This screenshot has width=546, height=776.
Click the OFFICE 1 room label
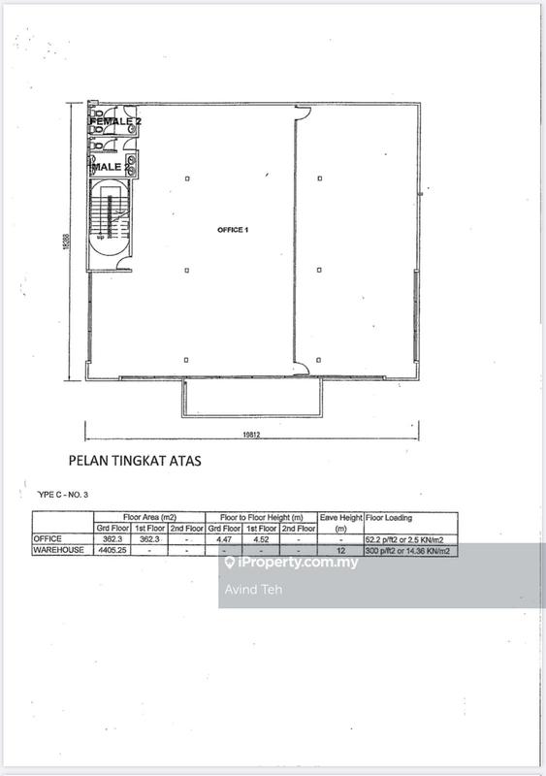(x=233, y=229)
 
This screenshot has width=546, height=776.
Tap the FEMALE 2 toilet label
(x=115, y=121)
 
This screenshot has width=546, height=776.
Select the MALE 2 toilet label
(x=110, y=167)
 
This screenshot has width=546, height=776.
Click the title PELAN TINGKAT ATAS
(x=135, y=462)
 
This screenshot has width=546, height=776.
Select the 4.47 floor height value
(x=224, y=538)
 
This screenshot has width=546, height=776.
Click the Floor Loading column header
(x=390, y=517)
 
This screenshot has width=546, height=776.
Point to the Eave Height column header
(x=340, y=517)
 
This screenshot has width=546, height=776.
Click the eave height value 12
(x=340, y=550)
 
